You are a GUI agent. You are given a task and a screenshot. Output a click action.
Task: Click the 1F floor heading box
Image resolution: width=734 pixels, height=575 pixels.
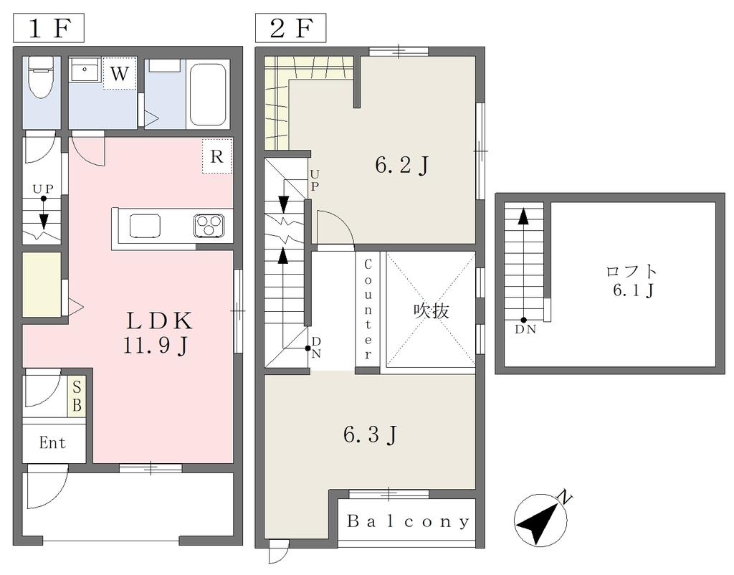click(x=48, y=28)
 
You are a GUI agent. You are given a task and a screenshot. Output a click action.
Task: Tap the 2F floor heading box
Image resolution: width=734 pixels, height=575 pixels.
click(x=291, y=28)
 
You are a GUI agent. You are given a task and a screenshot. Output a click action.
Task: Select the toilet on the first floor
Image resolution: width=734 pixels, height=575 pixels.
click(x=42, y=77)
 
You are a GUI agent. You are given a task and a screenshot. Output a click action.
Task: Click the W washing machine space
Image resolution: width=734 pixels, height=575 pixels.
click(x=120, y=74)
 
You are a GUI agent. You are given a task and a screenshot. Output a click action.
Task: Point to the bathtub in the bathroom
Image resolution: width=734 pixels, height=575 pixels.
click(x=208, y=95)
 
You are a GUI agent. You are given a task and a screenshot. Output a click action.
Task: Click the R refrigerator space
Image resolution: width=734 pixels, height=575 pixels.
click(x=217, y=156)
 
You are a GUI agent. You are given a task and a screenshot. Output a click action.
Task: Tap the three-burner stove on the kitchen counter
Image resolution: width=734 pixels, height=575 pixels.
click(x=209, y=224)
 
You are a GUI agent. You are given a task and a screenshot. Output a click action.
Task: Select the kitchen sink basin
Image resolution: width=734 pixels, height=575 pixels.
click(x=145, y=226)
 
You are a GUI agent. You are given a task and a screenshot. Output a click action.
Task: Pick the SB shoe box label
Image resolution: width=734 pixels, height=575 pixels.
click(x=77, y=396)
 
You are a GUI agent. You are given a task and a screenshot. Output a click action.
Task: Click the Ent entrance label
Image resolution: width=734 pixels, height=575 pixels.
click(x=52, y=442)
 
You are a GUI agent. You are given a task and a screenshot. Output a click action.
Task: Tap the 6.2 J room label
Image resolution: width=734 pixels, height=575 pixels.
click(x=402, y=165)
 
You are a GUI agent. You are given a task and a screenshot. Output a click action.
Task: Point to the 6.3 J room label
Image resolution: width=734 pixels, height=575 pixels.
click(x=371, y=435)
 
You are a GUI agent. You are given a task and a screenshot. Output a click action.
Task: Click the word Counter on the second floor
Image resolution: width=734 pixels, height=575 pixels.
click(x=368, y=310)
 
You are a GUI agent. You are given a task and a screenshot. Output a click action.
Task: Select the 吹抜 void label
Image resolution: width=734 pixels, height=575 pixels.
click(x=431, y=311)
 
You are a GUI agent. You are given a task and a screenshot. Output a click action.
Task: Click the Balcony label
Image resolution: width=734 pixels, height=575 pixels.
click(x=408, y=521)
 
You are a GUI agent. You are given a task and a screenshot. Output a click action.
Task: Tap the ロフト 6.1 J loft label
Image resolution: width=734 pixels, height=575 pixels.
click(x=632, y=281)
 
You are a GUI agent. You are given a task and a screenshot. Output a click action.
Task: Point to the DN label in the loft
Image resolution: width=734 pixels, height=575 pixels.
click(x=525, y=329)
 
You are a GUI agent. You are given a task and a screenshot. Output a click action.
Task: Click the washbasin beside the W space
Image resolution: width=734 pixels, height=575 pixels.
click(x=85, y=70)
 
